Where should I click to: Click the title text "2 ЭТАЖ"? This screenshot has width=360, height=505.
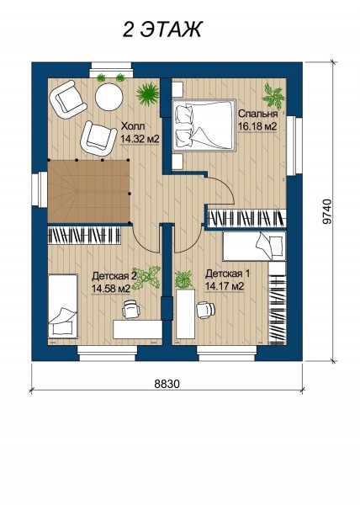(161, 29)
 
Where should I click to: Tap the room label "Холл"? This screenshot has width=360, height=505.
(131, 126)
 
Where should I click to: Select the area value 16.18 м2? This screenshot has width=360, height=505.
(257, 126)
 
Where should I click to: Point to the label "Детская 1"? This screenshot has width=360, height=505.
(227, 274)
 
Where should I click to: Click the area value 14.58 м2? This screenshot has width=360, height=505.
(111, 289)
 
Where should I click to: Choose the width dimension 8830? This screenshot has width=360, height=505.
(167, 384)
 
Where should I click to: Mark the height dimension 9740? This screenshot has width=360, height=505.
(326, 211)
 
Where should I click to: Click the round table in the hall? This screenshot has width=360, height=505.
(109, 97)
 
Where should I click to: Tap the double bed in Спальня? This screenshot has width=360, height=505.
(204, 125)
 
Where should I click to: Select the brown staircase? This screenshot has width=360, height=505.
(88, 191)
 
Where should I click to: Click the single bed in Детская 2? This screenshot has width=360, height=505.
(63, 306)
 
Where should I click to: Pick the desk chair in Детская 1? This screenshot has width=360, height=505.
(205, 310)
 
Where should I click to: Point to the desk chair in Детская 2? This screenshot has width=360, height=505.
(131, 309)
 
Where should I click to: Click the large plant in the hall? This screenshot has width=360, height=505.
(148, 93)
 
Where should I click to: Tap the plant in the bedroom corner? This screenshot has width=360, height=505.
(273, 96)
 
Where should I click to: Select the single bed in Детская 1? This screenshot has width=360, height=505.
(254, 246)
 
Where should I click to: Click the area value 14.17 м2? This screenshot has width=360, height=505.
(225, 286)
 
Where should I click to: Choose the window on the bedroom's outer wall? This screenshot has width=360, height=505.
(294, 146)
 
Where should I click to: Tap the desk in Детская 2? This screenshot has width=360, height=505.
(138, 329)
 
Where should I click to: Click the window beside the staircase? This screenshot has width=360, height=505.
(40, 189)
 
